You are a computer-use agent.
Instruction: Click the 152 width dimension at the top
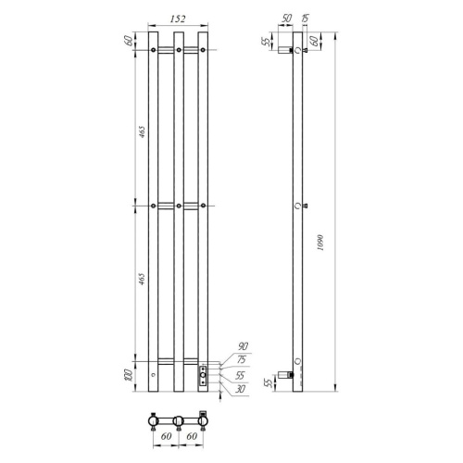click(x=178, y=19)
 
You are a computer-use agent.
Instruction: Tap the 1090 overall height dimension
click(x=320, y=243)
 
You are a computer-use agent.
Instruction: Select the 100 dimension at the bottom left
click(x=130, y=375)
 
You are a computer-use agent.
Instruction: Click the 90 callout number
click(x=244, y=346)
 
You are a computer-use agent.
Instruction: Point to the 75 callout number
click(x=242, y=359)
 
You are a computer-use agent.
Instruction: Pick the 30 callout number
click(x=240, y=389)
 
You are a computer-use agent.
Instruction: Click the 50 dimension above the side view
click(x=287, y=19)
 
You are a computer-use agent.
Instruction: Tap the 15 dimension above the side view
click(x=305, y=19)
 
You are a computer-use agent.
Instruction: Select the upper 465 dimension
click(x=142, y=131)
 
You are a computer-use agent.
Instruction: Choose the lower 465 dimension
click(x=142, y=279)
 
